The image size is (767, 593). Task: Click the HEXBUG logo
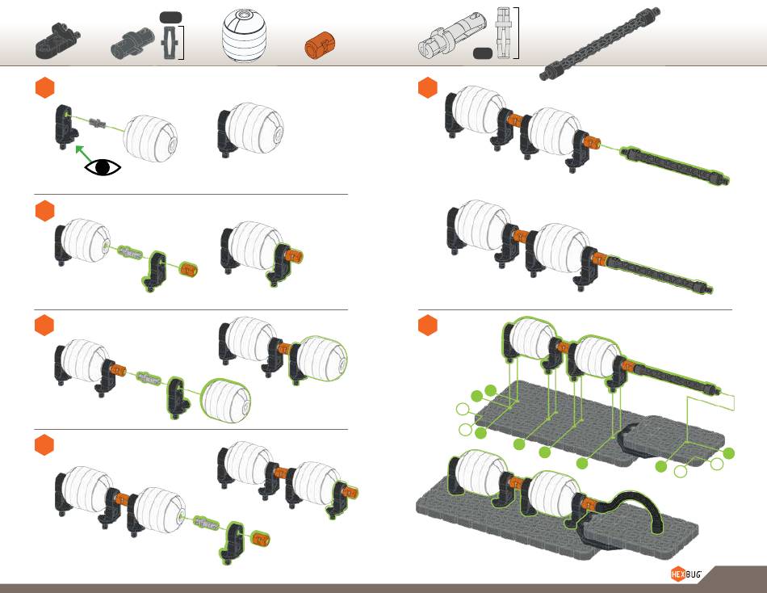685,574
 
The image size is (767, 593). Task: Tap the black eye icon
103,167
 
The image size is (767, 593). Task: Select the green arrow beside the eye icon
83,154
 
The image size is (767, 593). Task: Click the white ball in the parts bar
245,37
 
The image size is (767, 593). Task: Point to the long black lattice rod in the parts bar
600,44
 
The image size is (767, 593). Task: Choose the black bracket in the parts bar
57,41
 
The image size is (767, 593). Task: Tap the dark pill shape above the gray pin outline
170,17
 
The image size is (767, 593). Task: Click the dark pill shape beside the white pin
483,53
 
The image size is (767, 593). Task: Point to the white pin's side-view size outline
502,33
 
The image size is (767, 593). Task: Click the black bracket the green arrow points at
66,126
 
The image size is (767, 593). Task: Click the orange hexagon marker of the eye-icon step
45,87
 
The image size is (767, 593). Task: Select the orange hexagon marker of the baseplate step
428,325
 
